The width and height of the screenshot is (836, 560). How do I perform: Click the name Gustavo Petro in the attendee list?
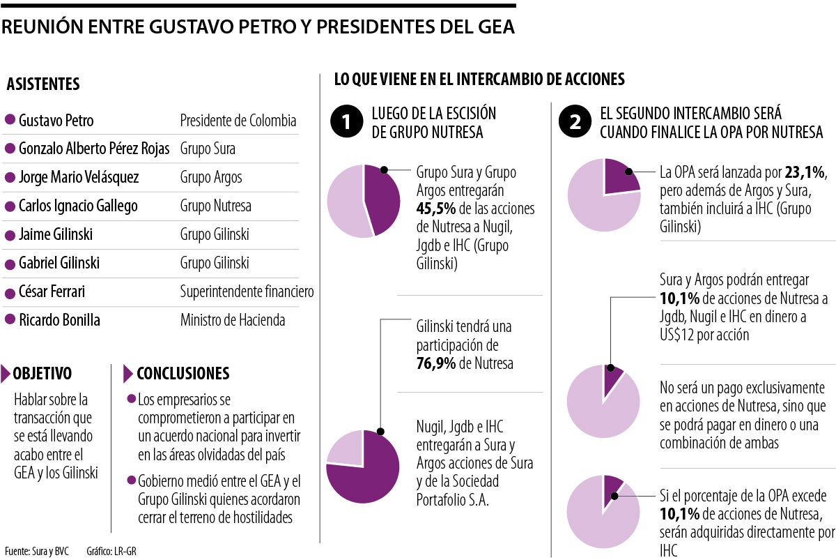(56, 121)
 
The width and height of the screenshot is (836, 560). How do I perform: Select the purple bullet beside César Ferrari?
(10, 292)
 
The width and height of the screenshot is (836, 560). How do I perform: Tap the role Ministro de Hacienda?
(233, 320)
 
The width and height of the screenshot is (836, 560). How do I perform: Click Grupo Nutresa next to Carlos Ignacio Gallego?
(215, 206)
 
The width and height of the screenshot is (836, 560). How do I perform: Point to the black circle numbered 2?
(575, 121)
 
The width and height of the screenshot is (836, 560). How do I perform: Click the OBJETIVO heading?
(42, 374)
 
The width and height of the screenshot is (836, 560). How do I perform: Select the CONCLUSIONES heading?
(183, 374)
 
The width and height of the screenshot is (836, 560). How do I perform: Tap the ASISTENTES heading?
(43, 84)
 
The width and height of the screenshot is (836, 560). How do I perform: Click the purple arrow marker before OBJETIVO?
(6, 374)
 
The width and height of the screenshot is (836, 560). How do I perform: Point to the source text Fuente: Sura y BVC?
(36, 551)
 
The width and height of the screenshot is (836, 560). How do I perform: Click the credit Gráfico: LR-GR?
(111, 551)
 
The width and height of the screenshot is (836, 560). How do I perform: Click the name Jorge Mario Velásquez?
(79, 178)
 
